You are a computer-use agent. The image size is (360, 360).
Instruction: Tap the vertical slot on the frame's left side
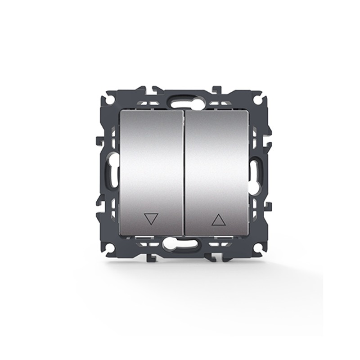coord(111,171)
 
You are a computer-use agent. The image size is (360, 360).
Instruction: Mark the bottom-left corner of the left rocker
coord(121,234)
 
